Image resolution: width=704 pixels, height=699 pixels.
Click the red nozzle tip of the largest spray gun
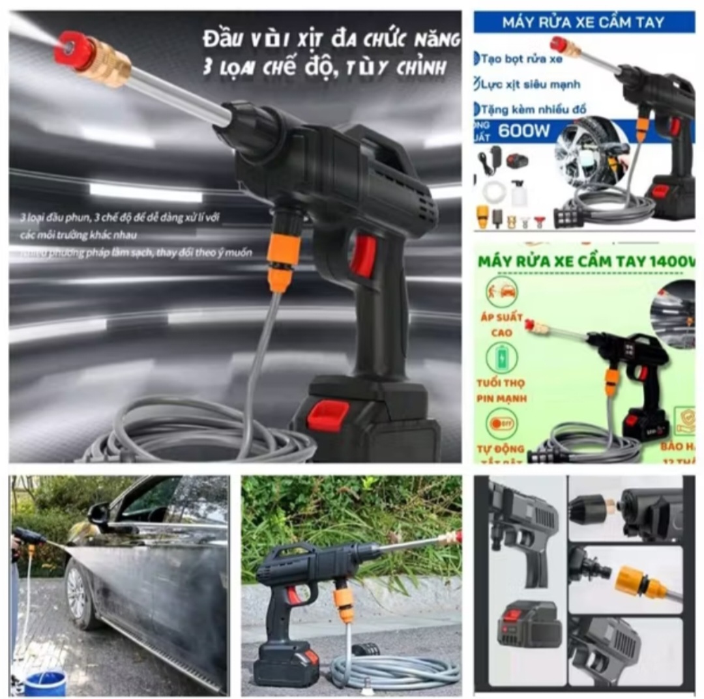pyautogui.click(x=74, y=50)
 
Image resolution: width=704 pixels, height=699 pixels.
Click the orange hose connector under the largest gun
pyautogui.click(x=284, y=254)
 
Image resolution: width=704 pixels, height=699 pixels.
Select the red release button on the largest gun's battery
pyautogui.click(x=327, y=415)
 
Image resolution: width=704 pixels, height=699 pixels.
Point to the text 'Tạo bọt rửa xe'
pyautogui.click(x=521, y=59)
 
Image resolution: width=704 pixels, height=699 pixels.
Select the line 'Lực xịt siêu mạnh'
pyautogui.click(x=530, y=84)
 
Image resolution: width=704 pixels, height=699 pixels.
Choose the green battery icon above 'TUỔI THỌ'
pyautogui.click(x=501, y=358)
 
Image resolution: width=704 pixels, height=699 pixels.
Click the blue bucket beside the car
pyautogui.click(x=45, y=681)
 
